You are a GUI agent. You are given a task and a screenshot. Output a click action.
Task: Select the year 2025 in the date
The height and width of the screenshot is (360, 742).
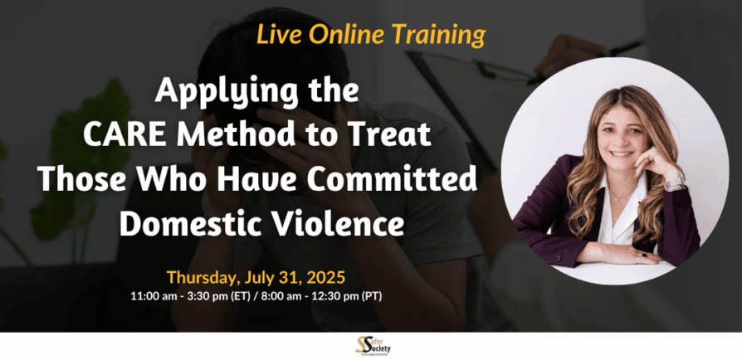(x=326, y=277)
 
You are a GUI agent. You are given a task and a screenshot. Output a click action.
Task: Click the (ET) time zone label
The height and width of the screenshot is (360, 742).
(x=239, y=297)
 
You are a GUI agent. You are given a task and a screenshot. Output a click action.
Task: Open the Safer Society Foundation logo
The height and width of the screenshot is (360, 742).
(x=373, y=346)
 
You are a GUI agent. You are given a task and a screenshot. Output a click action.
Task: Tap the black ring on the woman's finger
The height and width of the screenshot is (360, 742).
(x=644, y=255)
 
